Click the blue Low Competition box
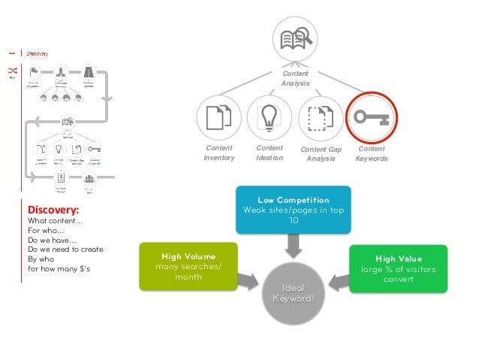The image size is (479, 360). tap(293, 210)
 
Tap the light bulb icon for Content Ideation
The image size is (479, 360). tap(269, 118)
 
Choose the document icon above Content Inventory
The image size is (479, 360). tap(218, 118)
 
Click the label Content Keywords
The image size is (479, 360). tap(371, 153)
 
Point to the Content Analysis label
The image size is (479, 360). tap(295, 78)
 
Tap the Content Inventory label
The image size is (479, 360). tap(219, 153)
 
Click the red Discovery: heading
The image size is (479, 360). tap(53, 210)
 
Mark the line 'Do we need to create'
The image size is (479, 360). tap(65, 249)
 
